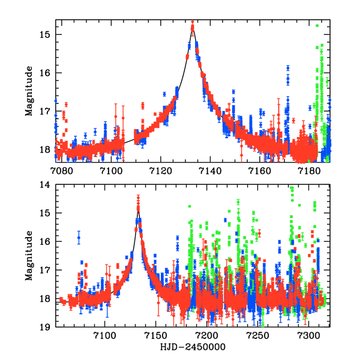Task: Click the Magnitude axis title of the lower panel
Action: coord(29,257)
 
